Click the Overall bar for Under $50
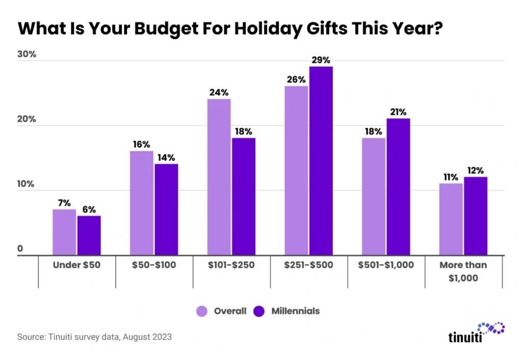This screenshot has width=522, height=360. click(64, 232)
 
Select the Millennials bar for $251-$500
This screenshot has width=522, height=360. click(321, 161)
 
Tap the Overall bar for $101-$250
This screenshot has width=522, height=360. click(219, 177)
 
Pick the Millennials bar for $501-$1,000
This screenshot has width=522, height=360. click(398, 187)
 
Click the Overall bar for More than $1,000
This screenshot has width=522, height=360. click(451, 219)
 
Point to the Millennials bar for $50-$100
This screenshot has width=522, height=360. click(166, 209)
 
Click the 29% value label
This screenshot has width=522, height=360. click(321, 61)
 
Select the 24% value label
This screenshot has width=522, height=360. click(219, 93)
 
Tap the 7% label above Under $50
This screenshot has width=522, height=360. click(64, 203)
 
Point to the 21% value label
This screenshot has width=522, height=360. click(398, 112)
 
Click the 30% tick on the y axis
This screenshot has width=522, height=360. click(27, 55)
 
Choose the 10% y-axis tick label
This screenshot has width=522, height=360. click(27, 184)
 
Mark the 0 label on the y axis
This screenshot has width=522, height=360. click(20, 249)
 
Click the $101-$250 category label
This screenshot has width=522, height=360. click(231, 265)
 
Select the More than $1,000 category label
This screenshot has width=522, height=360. click(464, 271)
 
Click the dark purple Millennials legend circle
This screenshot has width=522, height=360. click(259, 311)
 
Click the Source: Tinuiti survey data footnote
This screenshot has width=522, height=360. click(94, 337)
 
